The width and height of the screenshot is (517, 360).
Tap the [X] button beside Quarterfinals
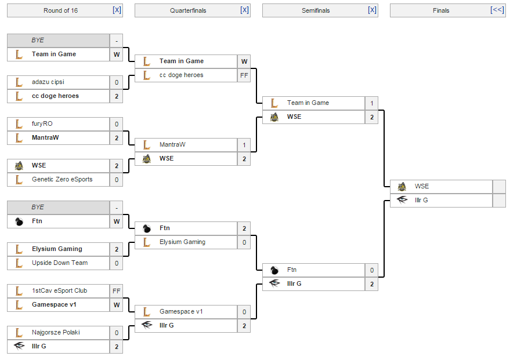pos(244,10)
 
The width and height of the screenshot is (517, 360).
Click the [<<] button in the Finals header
pos(497,10)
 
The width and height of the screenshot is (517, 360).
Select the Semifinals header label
pos(315,10)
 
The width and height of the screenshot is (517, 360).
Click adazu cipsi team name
pos(48,82)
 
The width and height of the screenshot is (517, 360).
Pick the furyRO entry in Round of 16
pos(42,124)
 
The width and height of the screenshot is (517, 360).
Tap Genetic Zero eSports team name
pos(62,180)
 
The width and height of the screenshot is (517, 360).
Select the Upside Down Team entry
pos(60,263)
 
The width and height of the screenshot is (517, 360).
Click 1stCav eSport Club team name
pos(59,291)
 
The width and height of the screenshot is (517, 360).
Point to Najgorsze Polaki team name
pos(56,333)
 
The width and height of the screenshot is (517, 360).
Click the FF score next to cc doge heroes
pos(244,75)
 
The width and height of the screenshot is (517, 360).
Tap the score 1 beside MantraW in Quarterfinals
pos(244,145)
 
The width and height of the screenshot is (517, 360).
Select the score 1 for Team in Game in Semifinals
pos(371,103)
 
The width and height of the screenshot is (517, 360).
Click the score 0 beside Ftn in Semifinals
pos(371,270)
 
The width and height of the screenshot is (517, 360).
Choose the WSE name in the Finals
pos(422,187)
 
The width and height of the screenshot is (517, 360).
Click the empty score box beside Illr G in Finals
pos(499,201)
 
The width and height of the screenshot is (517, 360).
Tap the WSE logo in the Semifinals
pos(274,117)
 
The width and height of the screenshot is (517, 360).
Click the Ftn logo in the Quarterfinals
pos(146,228)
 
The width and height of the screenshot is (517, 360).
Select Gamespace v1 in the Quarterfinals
pos(181,312)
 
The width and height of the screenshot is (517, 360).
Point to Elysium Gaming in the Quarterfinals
pos(182,242)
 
